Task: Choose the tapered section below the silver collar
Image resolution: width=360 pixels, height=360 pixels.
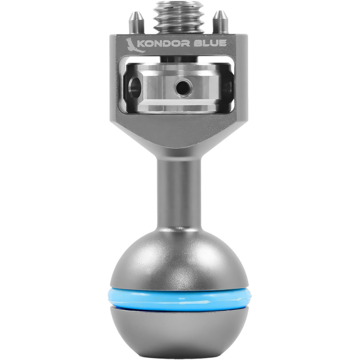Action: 179,135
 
